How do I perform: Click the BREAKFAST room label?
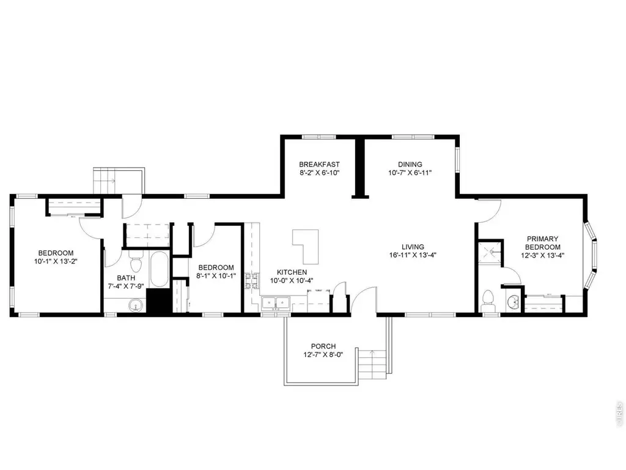319,164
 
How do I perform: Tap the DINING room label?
410,164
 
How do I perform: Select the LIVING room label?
413,247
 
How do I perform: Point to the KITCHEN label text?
292,272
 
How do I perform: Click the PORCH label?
323,346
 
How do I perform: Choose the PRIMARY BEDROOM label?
543,243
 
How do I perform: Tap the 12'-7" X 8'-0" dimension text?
323,354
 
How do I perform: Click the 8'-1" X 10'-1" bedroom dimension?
216,276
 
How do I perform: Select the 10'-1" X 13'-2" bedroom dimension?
56,261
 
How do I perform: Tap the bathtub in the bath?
160,269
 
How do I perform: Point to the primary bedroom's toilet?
488,300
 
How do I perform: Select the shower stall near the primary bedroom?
490,253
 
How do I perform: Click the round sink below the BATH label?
136,306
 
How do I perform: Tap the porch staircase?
372,365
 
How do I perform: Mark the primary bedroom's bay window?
591,255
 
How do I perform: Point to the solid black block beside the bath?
159,300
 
